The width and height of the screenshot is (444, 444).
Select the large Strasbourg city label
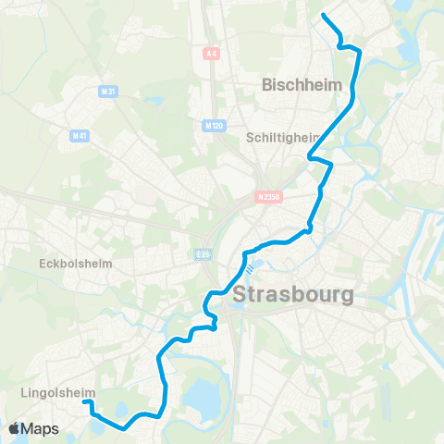tap(293, 296)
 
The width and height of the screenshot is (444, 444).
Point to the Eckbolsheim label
tap(76, 263)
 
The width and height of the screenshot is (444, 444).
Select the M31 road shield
tap(107, 91)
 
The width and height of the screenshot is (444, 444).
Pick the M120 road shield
tap(212, 123)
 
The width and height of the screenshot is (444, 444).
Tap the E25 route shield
tap(203, 252)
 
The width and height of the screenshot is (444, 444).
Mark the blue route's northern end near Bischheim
tap(323, 15)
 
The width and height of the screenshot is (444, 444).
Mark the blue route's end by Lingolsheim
tap(85, 401)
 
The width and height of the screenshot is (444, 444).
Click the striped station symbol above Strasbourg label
tap(249, 269)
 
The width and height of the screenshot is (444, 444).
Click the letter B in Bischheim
tap(268, 84)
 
